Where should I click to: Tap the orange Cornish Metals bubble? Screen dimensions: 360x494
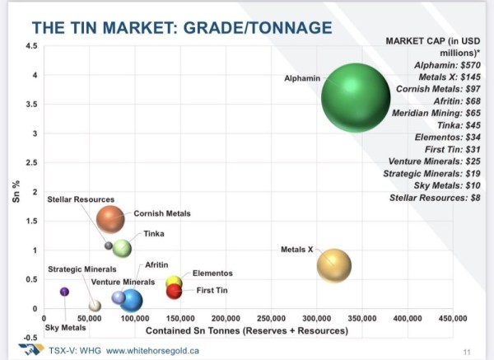110,218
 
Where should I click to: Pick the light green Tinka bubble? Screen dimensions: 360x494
122,248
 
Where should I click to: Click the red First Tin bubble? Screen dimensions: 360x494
174,291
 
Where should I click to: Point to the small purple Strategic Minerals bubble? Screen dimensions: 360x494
65,292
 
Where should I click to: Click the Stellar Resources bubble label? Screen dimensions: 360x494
81,199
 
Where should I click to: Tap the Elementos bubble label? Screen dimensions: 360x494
212,273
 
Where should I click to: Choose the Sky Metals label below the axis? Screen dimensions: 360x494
65,328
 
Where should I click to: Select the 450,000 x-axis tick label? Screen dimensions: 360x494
453,317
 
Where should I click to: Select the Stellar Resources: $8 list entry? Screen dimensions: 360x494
433,199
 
